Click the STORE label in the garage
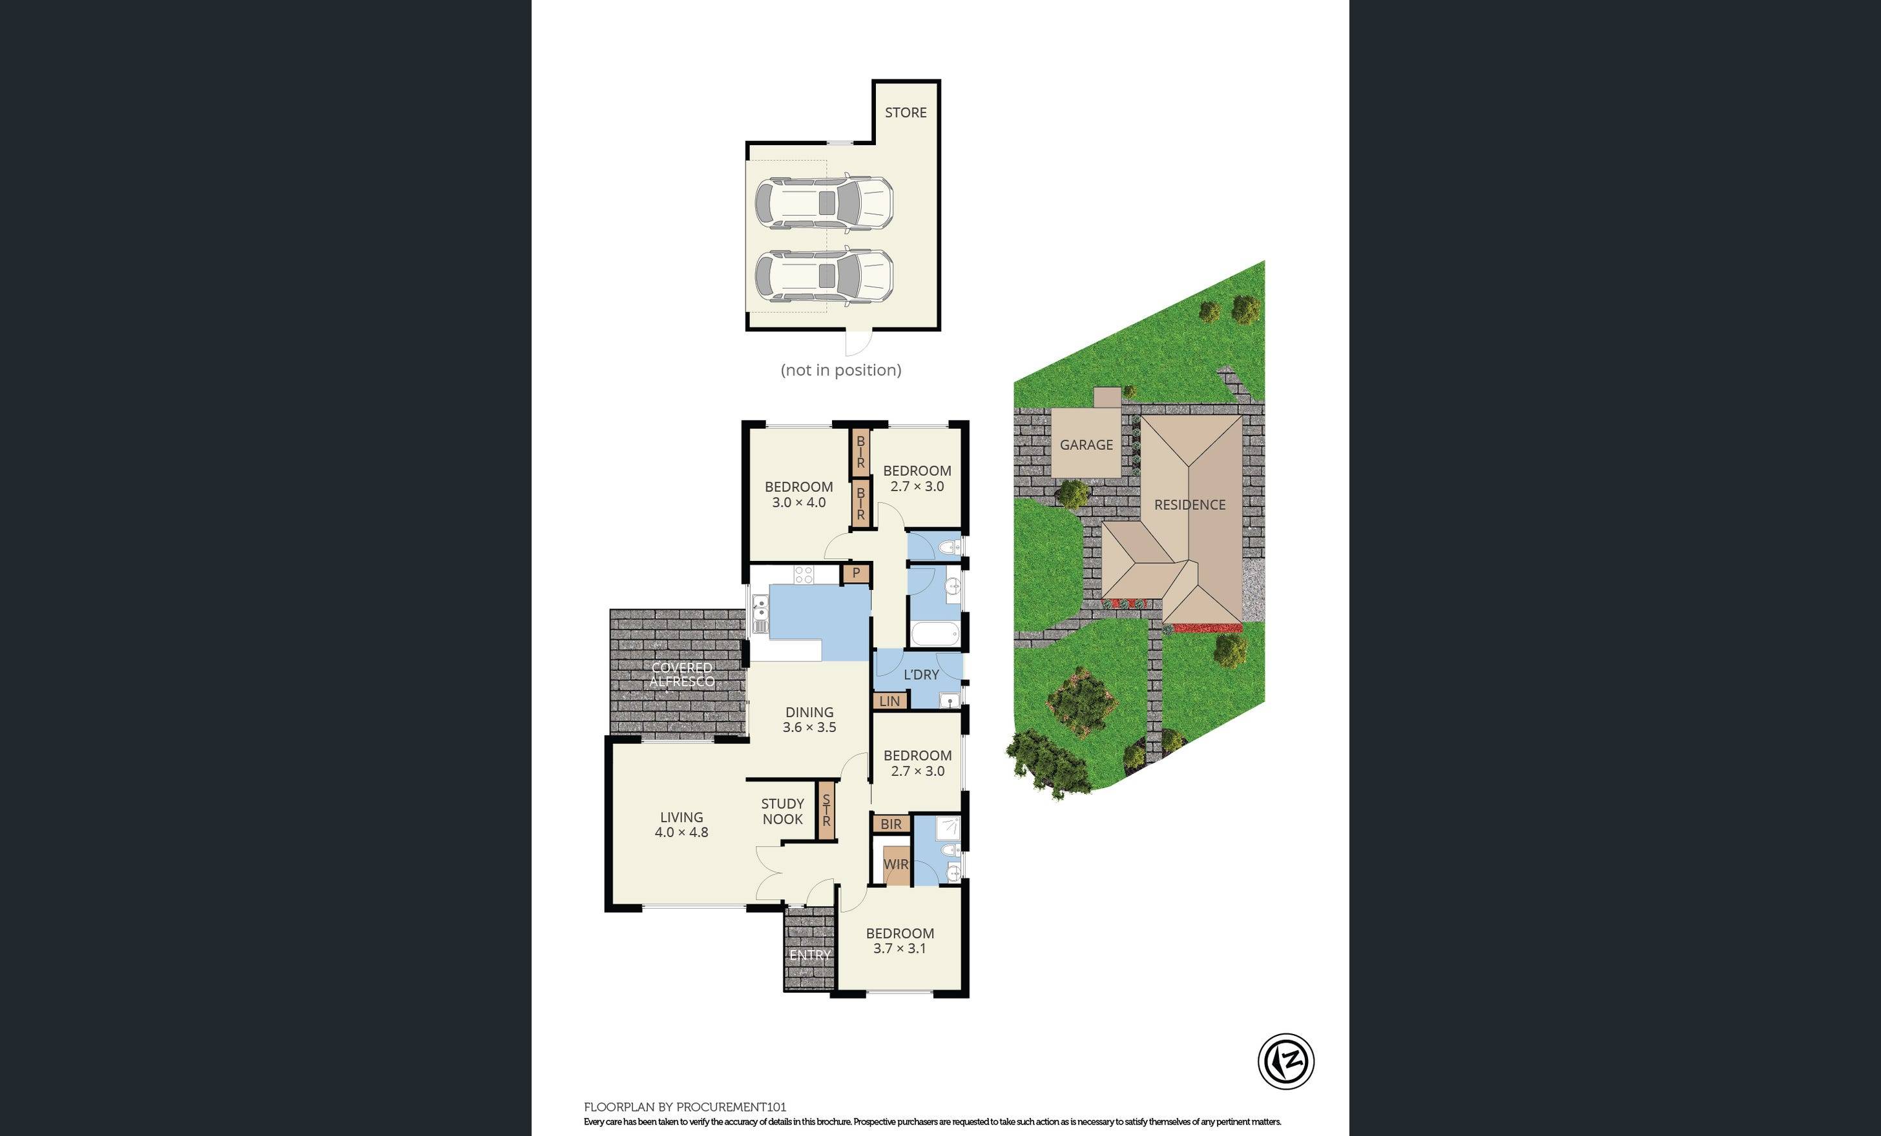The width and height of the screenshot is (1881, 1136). tap(906, 113)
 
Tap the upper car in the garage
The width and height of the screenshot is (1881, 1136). tap(824, 203)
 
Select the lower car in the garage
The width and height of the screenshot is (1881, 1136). tap(824, 275)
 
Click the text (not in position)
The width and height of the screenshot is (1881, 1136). tap(840, 370)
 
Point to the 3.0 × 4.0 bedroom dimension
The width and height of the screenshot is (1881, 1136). tap(798, 503)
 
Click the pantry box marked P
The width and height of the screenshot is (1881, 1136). tap(856, 573)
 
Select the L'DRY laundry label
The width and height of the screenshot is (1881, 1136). tap(920, 674)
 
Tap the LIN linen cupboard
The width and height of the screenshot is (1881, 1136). tap(889, 701)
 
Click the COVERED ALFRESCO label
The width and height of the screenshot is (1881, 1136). tap(681, 674)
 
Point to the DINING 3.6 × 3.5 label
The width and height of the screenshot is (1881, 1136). tap(809, 720)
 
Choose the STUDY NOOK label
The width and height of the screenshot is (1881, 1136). tap(782, 811)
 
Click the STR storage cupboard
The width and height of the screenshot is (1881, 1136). tap(826, 811)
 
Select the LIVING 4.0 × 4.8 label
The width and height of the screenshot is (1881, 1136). tap(681, 825)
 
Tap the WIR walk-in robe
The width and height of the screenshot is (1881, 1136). tap(895, 864)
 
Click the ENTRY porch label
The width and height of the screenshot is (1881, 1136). tap(810, 955)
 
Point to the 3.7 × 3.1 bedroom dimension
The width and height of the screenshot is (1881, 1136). tap(899, 948)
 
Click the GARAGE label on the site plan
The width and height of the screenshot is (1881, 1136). tap(1086, 445)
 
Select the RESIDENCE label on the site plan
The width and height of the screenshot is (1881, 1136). tap(1189, 505)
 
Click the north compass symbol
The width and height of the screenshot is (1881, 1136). tap(1285, 1060)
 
